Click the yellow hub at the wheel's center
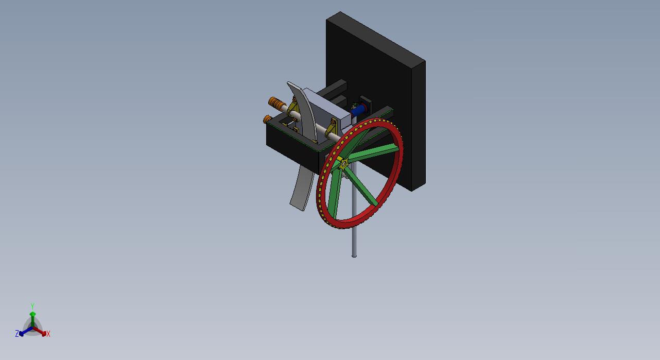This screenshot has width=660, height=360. click(x=344, y=164)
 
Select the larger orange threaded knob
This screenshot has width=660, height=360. click(x=276, y=103)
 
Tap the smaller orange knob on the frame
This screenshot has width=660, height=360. click(x=268, y=119)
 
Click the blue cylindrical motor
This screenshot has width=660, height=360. click(x=358, y=110)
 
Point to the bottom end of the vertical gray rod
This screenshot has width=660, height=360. click(x=354, y=255)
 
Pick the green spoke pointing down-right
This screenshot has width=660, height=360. click(x=361, y=186)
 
